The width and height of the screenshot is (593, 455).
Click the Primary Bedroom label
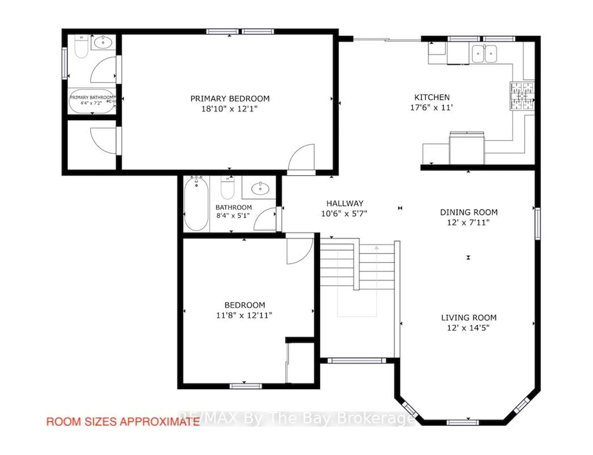[230, 99]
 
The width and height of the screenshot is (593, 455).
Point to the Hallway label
[345, 203]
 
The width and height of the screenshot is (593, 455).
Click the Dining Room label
[469, 212]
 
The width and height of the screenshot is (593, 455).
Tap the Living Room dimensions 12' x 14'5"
[469, 328]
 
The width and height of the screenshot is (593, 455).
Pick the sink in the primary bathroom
[103, 42]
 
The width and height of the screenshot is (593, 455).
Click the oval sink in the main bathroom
[260, 189]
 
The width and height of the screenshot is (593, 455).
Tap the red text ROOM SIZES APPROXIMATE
[123, 422]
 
